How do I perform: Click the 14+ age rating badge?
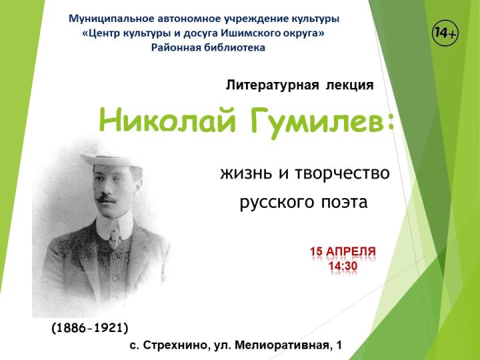click(x=445, y=33)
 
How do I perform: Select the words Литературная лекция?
click(x=299, y=85)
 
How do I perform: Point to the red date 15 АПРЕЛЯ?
click(x=343, y=252)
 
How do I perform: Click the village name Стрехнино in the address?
click(x=175, y=345)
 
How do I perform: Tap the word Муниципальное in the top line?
click(x=108, y=18)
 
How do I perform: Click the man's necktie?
click(x=114, y=233)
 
